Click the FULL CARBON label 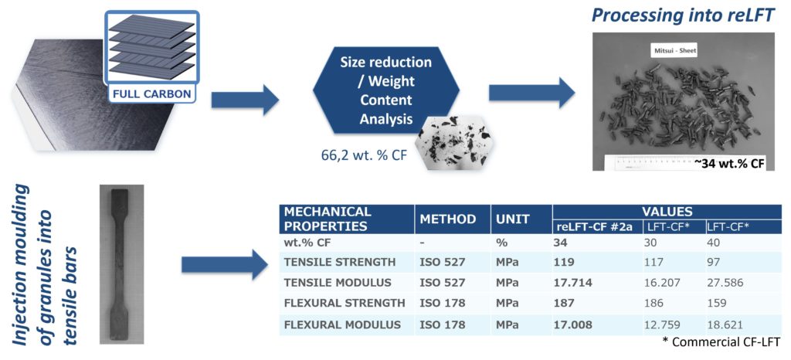[151, 93]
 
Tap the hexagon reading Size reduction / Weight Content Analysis [386, 90]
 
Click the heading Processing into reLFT [683, 15]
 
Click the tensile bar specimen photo [121, 264]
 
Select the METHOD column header [447, 219]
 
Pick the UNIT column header [513, 219]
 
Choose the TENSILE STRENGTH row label [340, 262]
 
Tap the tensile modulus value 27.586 [725, 283]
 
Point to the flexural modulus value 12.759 [661, 324]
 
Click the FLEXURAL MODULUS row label [342, 324]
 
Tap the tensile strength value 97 [714, 262]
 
